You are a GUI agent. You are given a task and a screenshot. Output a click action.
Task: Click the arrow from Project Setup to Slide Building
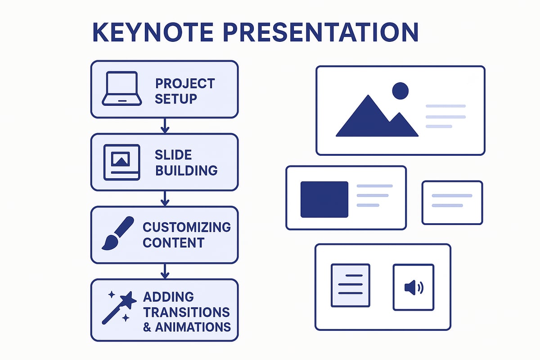[x=165, y=126]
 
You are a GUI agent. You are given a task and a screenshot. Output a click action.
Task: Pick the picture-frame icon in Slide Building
[x=121, y=162]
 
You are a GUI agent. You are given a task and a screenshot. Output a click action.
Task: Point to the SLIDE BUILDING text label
[x=186, y=162]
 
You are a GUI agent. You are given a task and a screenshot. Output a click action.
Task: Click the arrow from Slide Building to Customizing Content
[x=165, y=198]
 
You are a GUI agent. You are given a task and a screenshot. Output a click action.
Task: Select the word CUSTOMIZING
[x=187, y=227]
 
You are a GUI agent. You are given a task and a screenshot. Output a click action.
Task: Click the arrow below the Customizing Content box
[x=165, y=271]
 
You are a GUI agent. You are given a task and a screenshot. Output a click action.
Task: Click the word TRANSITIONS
[x=186, y=312]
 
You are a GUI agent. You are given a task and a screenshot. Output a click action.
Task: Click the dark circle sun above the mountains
[x=400, y=91]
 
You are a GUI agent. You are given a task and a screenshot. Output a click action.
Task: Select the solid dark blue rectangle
[x=324, y=199]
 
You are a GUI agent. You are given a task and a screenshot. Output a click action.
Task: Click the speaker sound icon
[x=413, y=287]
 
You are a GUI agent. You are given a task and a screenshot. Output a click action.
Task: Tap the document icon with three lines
[x=350, y=285]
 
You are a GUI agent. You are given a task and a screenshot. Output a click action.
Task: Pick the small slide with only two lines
[x=452, y=202]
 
